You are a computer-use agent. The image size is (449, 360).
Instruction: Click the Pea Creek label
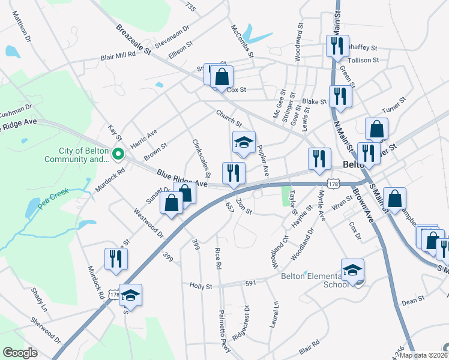point(53,197)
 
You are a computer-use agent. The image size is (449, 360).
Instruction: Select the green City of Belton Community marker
point(118,154)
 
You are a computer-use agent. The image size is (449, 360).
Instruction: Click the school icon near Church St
point(244,142)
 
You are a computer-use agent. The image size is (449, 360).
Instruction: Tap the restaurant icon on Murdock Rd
point(116,259)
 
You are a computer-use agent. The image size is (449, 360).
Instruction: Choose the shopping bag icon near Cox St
point(221,77)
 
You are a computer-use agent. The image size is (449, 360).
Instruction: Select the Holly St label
point(201,287)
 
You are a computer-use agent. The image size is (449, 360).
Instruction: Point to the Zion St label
point(244,206)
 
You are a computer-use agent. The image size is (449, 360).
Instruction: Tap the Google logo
point(20,352)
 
